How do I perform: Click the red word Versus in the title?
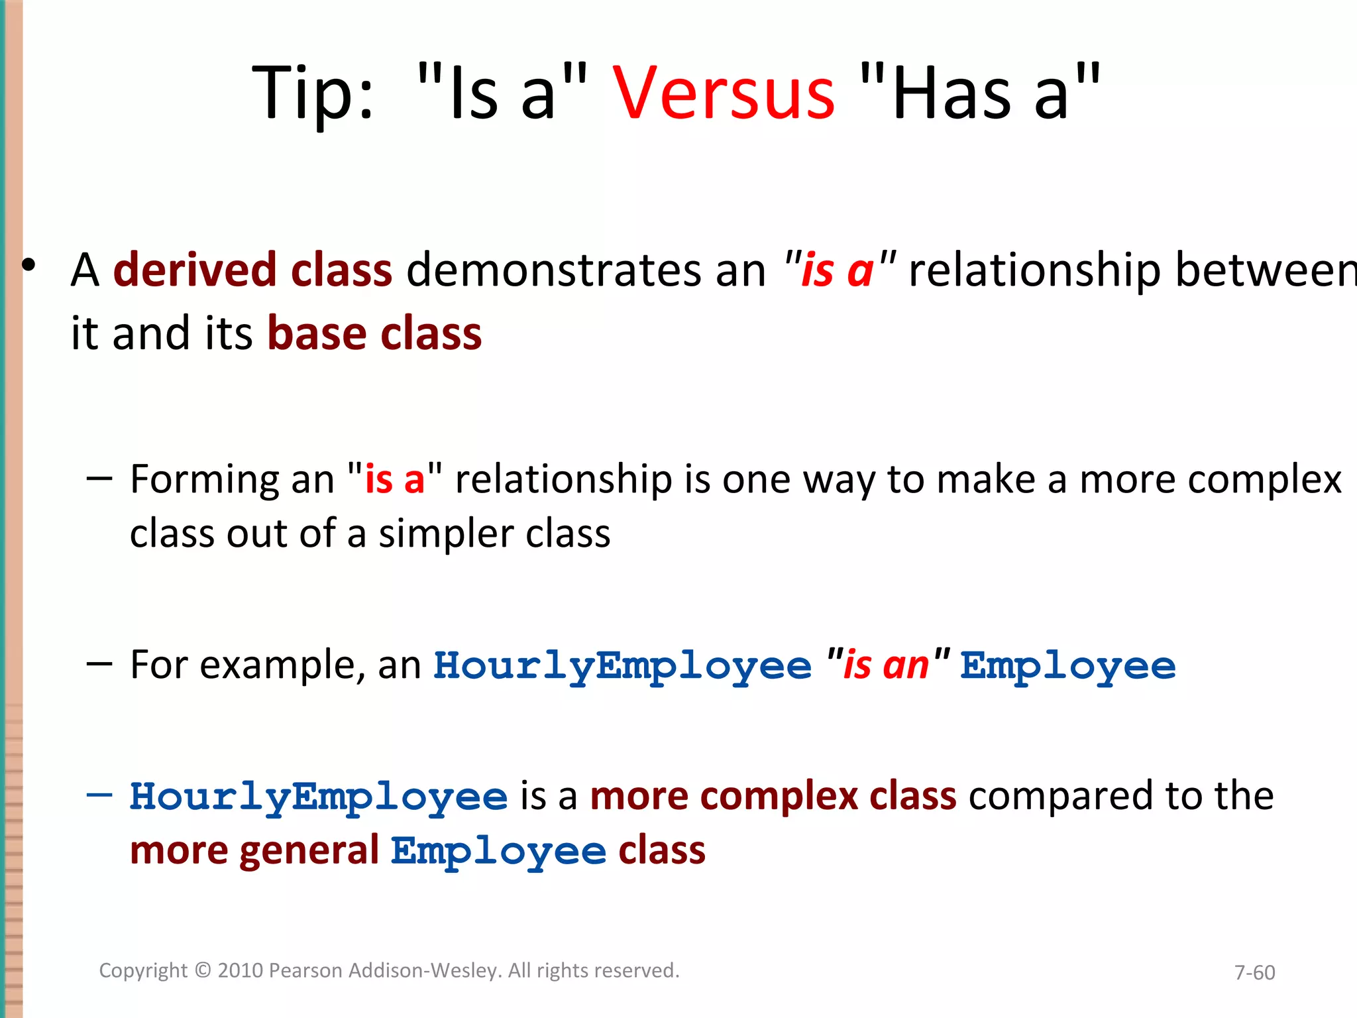tap(724, 94)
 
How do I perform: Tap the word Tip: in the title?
tap(313, 94)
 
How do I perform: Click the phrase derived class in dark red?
tap(252, 270)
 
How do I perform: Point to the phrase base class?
tap(374, 333)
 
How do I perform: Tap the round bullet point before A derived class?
tap(28, 265)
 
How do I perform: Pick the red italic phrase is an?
tap(886, 665)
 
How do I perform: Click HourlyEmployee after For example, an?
tap(622, 666)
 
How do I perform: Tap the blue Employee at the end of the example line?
tap(1068, 666)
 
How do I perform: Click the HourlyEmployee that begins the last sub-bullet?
tap(319, 797)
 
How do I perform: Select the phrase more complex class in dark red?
tap(773, 796)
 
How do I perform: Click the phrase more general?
tap(254, 850)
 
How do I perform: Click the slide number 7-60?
tap(1254, 972)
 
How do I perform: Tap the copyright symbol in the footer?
tap(203, 970)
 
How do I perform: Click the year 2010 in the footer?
tap(241, 970)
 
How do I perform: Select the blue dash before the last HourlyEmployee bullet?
tap(99, 795)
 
